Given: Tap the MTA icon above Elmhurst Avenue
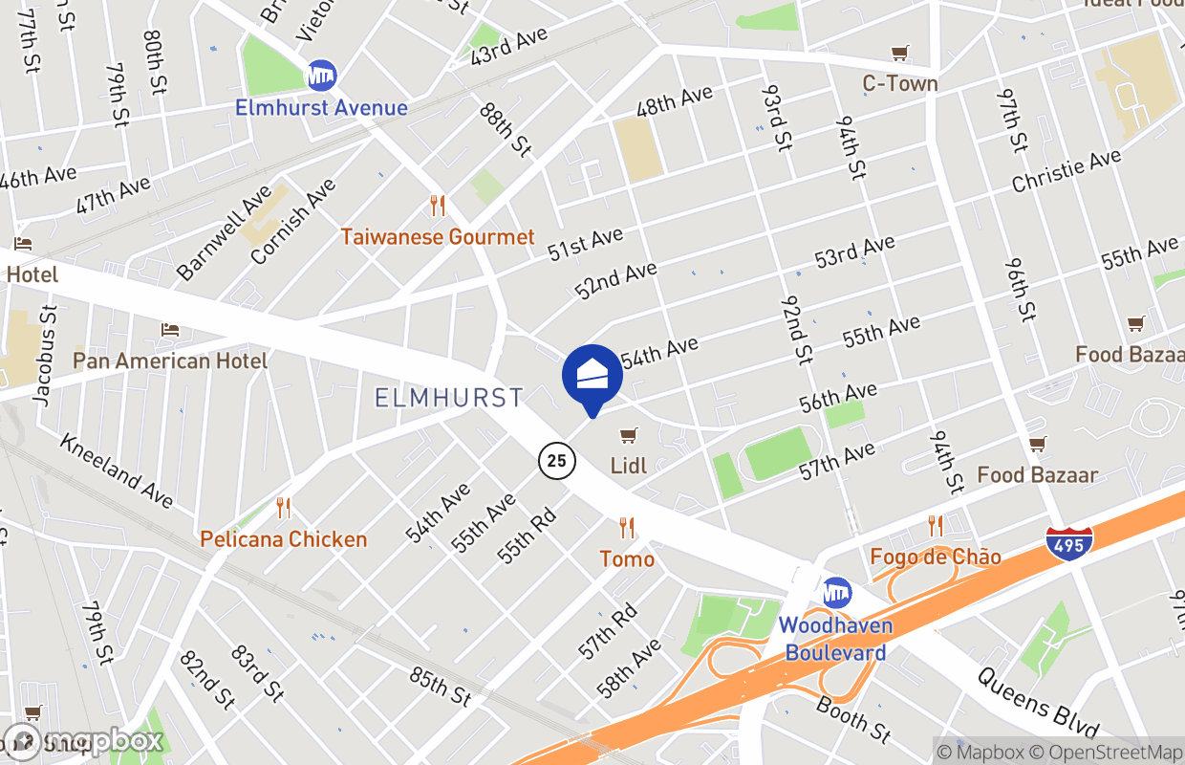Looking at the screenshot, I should click(x=321, y=76).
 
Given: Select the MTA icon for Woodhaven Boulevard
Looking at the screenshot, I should click(x=837, y=593).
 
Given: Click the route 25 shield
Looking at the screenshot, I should click(x=556, y=461).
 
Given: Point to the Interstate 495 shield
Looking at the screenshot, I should click(x=1069, y=542).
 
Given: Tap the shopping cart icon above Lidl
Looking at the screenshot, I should click(x=628, y=437).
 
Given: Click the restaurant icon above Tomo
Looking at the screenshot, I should click(x=627, y=527).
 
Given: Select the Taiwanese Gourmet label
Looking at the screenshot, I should click(x=438, y=236).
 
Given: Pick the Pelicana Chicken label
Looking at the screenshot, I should click(x=283, y=539).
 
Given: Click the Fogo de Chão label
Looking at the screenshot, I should click(x=936, y=557).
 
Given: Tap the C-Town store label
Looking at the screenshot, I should click(x=900, y=83).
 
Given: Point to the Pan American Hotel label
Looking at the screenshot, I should click(x=170, y=361).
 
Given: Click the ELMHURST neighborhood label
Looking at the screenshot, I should click(x=449, y=397).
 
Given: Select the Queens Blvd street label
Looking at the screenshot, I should click(x=1038, y=702).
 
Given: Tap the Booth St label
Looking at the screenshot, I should click(x=853, y=719).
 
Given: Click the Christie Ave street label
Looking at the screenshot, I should click(x=1066, y=171).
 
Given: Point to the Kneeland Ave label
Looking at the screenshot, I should click(x=117, y=470).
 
